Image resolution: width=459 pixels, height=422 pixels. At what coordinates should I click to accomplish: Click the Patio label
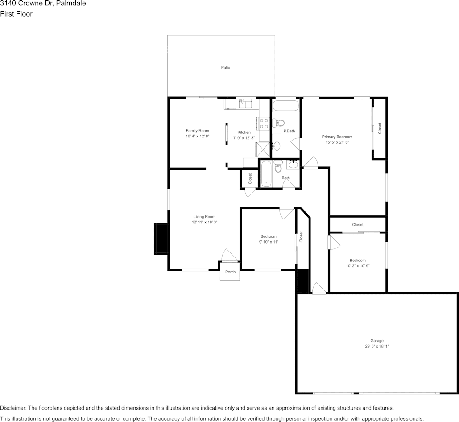click(226, 68)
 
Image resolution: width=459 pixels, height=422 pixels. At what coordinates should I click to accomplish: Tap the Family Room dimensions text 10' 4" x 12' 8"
click(198, 137)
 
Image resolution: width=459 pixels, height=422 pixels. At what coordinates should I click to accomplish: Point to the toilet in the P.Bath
click(279, 123)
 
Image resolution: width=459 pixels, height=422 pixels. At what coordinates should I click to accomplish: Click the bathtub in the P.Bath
click(286, 106)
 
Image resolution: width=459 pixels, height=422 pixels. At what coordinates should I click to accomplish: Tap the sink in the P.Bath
click(277, 145)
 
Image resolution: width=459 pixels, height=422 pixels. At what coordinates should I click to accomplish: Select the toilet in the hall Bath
click(278, 167)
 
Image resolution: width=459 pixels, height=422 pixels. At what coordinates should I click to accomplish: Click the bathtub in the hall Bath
click(265, 174)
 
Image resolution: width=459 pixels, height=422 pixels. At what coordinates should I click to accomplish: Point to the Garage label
click(376, 341)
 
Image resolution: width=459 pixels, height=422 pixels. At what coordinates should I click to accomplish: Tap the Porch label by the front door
click(230, 272)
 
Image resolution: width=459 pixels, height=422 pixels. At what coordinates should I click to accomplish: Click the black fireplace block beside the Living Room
click(161, 239)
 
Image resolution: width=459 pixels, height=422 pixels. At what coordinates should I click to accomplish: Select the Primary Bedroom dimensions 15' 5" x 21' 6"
click(337, 142)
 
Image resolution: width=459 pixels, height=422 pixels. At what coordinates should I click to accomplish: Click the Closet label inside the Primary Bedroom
click(380, 128)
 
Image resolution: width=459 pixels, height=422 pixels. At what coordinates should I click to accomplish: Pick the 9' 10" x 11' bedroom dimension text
click(269, 242)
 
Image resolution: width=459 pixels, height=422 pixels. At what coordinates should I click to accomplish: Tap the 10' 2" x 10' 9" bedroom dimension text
click(358, 266)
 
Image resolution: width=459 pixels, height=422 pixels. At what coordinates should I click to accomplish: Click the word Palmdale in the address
click(71, 4)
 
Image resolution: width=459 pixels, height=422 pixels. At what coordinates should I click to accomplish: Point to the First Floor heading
click(17, 14)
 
